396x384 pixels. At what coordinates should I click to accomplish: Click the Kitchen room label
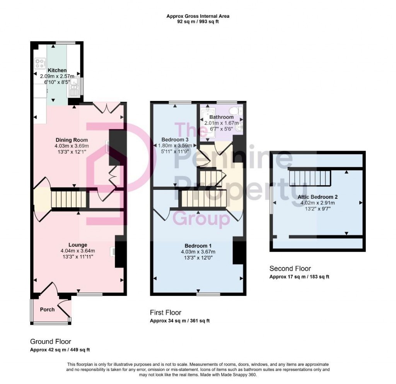[57, 70]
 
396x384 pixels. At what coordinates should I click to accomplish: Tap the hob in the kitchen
[40, 63]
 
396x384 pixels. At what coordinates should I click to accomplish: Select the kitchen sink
[74, 87]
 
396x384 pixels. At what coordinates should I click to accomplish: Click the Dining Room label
[72, 140]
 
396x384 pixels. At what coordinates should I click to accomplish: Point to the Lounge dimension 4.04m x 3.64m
[78, 251]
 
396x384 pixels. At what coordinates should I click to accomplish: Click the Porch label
[47, 309]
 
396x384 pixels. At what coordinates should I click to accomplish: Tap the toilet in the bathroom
[236, 111]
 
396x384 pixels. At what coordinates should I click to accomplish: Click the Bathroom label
[222, 117]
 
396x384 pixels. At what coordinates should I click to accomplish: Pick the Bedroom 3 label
[175, 139]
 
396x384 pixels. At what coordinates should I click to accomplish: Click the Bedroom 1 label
[198, 246]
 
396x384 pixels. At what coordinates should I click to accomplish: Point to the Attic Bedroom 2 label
[318, 197]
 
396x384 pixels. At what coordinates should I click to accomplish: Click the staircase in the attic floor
[310, 178]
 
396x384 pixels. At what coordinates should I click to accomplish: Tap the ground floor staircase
[69, 199]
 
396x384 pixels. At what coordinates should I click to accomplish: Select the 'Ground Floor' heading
[51, 341]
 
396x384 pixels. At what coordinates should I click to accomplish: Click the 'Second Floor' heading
[290, 268]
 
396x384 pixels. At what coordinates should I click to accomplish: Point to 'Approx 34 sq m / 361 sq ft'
[180, 321]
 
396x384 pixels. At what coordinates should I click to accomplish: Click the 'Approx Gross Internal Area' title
[198, 16]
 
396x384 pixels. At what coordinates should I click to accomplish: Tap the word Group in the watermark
[201, 218]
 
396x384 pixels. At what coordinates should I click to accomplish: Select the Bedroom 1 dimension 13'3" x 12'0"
[198, 258]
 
